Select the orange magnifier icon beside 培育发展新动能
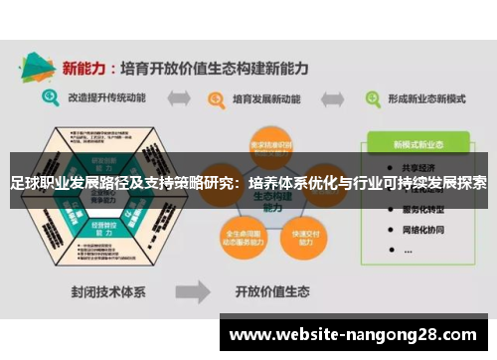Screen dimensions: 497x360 [213, 99]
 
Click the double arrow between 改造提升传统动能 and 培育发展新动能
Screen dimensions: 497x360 [179, 99]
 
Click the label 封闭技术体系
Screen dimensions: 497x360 [108, 294]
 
